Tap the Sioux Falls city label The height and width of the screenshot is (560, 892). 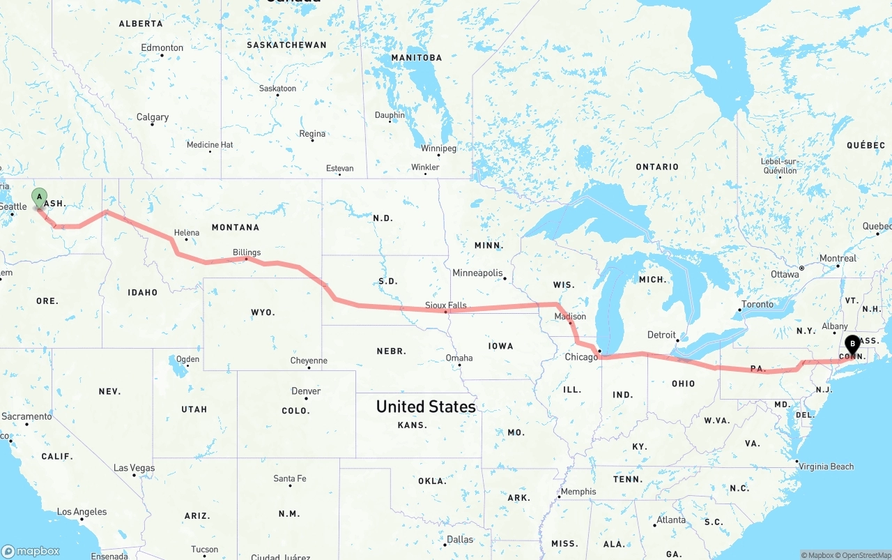(446, 305)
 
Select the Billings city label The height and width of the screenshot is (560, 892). (247, 252)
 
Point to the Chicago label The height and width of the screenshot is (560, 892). (581, 357)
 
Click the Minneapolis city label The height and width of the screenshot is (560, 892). (477, 273)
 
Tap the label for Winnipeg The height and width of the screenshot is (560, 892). (438, 149)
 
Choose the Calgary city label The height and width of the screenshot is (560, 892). (153, 117)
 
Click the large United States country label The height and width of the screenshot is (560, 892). (426, 407)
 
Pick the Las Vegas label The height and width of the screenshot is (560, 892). (134, 468)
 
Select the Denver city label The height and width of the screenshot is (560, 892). (306, 391)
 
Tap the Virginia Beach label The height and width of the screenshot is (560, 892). (826, 467)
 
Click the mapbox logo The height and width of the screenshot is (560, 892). (31, 551)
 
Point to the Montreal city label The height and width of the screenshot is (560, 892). (838, 258)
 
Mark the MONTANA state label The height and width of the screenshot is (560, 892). (235, 227)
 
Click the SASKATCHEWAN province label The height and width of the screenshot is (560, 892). (286, 45)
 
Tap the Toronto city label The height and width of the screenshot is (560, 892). (757, 304)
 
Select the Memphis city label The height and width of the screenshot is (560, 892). (578, 492)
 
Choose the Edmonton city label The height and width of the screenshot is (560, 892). (162, 48)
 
